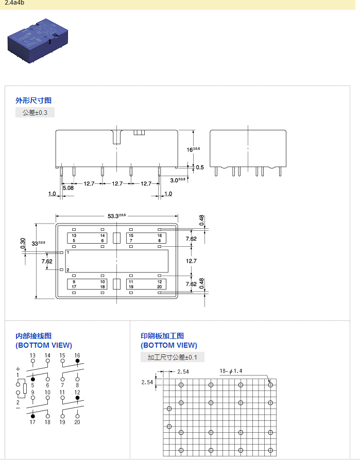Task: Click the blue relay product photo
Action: [38, 41]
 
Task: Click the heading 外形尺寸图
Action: [33, 100]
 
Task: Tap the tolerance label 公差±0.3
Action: [35, 112]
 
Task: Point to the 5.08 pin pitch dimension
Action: [68, 188]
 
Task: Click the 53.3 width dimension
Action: [116, 216]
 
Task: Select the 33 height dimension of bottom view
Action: [38, 243]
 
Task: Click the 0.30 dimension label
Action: [23, 243]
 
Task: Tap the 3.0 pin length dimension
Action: [178, 180]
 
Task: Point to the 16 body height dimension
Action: [193, 149]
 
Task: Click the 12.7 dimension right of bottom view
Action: [191, 261]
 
